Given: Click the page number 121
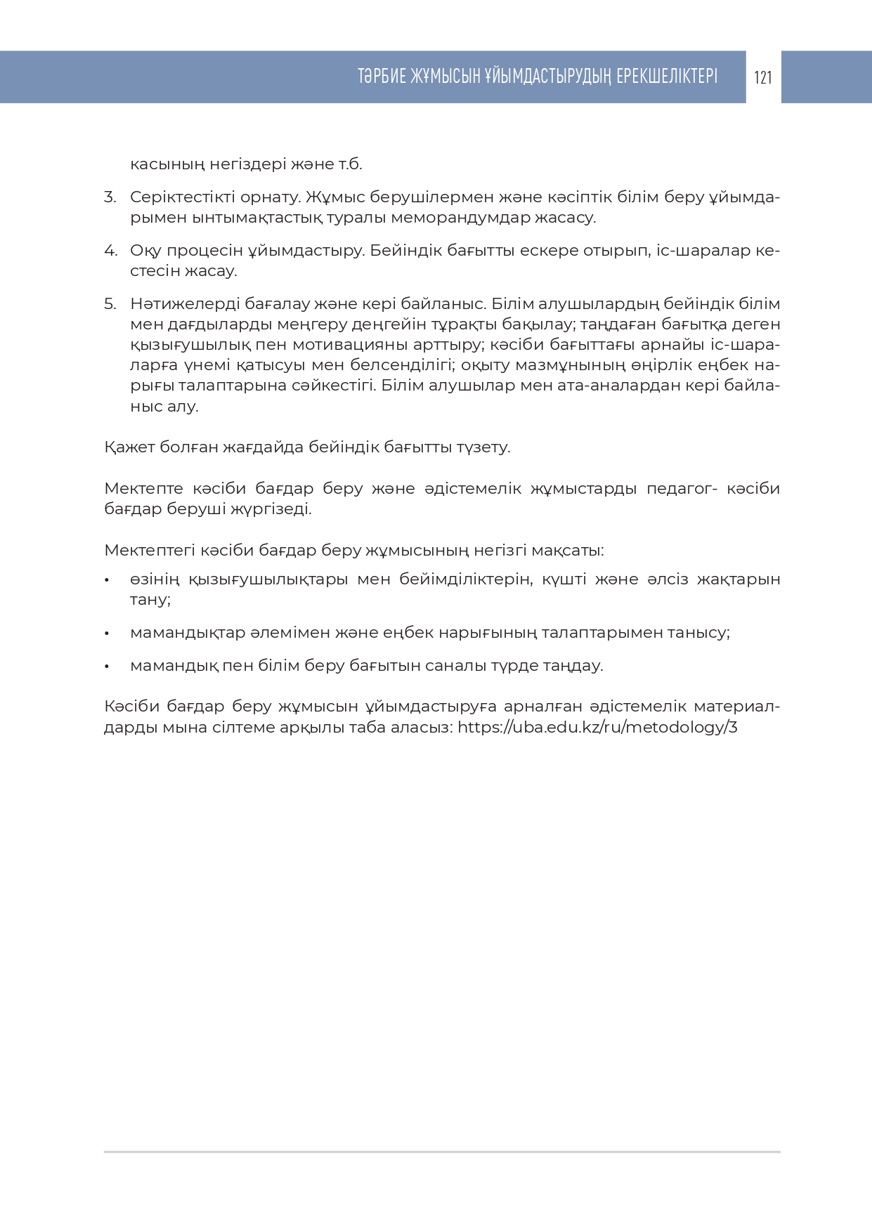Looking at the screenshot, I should [763, 77].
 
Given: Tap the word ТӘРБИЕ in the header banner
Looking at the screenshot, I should [383, 77].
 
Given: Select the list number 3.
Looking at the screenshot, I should [110, 197].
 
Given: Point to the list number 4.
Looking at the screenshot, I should [110, 251].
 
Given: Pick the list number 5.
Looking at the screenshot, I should [110, 304].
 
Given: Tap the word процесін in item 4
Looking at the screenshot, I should [203, 251].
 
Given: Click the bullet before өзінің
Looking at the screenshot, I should [107, 581].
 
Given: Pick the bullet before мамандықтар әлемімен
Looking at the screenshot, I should [107, 634].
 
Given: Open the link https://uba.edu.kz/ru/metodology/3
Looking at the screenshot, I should [597, 727].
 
